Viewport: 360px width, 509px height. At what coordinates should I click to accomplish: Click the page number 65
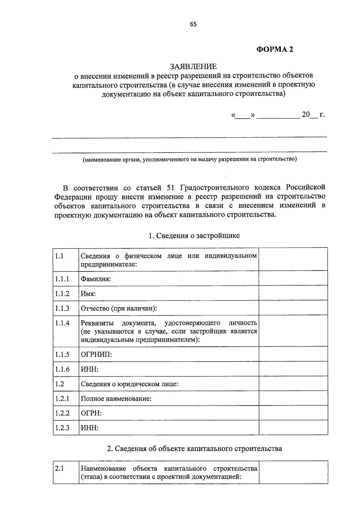point(193,25)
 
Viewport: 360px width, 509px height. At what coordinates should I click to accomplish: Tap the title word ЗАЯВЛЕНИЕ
point(193,66)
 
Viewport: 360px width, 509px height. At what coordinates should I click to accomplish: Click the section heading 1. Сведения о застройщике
point(194,235)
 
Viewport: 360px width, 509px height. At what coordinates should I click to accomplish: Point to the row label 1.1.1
point(62,279)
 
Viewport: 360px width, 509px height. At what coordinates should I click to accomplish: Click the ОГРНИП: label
point(96,355)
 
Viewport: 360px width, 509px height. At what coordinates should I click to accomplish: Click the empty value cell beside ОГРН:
point(293,413)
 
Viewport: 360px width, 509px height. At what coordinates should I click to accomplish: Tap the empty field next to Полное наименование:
point(293,398)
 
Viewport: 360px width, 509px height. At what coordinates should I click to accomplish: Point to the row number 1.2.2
point(62,413)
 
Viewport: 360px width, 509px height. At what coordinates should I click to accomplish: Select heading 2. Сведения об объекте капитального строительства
point(194,449)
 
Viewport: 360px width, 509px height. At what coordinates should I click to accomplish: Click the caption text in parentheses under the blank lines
point(190,159)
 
